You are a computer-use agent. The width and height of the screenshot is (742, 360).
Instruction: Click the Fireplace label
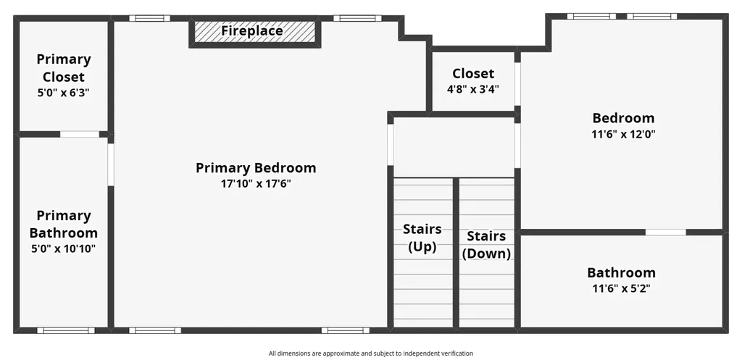(252, 30)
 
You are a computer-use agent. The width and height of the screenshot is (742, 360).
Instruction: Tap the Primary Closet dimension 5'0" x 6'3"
(64, 93)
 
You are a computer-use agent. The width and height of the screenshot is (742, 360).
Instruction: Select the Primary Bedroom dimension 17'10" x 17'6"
(256, 183)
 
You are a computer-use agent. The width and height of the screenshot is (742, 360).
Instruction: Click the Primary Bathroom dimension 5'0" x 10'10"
(64, 248)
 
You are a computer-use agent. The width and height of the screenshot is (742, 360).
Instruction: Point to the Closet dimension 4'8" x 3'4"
(473, 89)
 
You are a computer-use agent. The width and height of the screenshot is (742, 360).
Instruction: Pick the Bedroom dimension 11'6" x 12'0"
(623, 134)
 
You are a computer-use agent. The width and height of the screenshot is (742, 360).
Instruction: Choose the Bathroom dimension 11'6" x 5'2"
(621, 288)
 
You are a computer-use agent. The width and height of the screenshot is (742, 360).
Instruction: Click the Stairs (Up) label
(422, 238)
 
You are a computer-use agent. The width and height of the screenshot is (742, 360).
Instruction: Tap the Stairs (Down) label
(486, 245)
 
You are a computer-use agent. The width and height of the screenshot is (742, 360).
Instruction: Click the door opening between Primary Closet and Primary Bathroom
(80, 134)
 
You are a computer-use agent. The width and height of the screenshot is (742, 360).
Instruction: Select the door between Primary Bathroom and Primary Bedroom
(111, 164)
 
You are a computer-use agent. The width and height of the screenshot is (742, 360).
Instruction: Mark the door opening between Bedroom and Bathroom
(666, 233)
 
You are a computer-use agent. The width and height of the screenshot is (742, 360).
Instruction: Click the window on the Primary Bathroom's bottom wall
(66, 330)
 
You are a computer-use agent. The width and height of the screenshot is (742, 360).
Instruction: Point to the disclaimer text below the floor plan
(371, 353)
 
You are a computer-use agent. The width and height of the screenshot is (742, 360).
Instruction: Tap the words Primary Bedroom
(256, 168)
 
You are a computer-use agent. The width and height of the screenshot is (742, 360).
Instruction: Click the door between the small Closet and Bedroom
(517, 84)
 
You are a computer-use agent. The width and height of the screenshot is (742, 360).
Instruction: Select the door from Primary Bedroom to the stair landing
(391, 144)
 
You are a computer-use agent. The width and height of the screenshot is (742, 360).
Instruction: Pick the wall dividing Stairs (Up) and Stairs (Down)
(457, 253)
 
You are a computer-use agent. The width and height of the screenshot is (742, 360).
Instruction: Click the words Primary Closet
(64, 67)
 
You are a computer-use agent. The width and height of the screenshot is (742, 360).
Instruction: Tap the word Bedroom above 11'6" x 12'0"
(623, 118)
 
